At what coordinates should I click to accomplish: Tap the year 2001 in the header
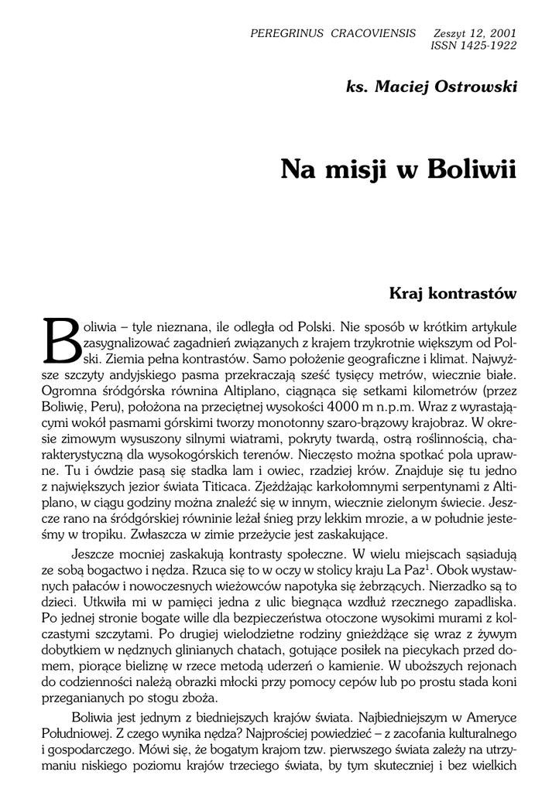(x=502, y=34)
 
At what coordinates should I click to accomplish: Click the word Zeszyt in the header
(x=453, y=34)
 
